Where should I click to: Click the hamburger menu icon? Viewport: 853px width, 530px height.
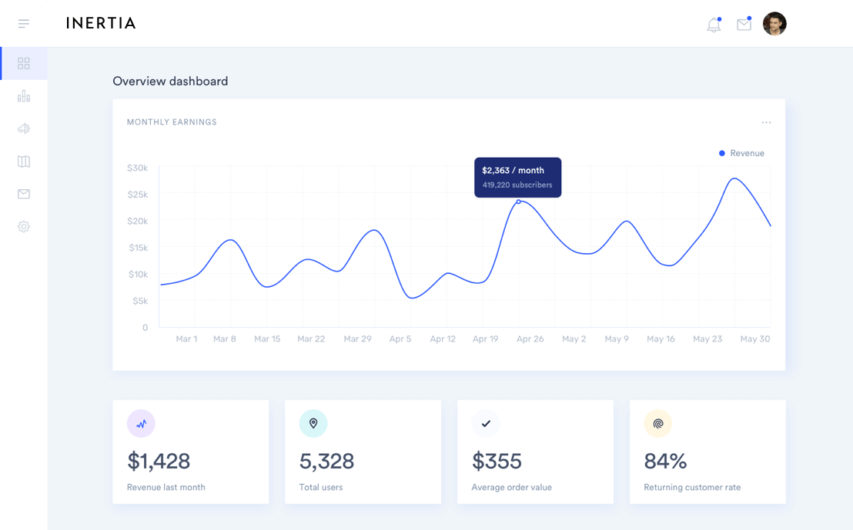click(24, 24)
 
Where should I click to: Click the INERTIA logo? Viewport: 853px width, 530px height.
click(101, 23)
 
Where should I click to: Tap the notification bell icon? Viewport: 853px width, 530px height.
click(714, 25)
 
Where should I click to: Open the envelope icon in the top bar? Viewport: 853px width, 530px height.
click(744, 25)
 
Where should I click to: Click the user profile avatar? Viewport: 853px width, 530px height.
click(774, 24)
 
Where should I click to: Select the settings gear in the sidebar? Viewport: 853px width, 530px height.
click(24, 227)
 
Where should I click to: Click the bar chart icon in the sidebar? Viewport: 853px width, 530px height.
click(24, 96)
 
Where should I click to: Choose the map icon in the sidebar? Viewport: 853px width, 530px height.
click(24, 162)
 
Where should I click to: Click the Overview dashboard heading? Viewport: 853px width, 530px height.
click(170, 82)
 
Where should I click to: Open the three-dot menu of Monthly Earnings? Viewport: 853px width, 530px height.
click(766, 122)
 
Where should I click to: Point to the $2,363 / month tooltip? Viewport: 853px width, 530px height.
click(517, 177)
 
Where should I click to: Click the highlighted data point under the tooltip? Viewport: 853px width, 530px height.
click(518, 202)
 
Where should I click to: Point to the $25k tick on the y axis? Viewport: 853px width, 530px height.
click(138, 195)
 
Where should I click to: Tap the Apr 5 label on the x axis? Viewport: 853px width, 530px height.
click(400, 338)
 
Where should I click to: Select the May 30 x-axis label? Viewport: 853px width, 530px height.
click(754, 338)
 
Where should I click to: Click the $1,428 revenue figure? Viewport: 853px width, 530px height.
click(159, 461)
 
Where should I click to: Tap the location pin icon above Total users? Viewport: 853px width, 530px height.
click(313, 423)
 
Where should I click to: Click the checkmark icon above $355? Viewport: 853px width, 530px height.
click(486, 423)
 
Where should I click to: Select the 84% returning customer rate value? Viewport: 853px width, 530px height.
click(665, 461)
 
